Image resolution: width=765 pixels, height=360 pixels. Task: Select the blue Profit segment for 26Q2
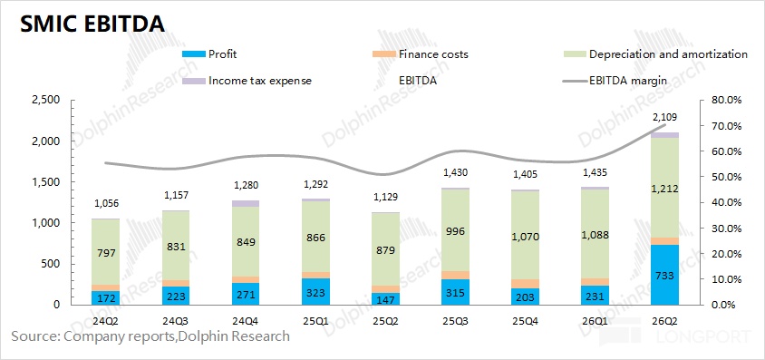tap(664, 275)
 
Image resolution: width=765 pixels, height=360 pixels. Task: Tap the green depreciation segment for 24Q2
tap(106, 252)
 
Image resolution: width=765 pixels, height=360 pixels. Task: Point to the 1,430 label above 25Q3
tap(455, 172)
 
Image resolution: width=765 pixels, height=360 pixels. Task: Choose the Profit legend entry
tap(208, 54)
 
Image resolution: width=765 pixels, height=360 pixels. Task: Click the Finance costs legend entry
tap(420, 54)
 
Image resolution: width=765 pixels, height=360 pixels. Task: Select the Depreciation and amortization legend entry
tap(655, 54)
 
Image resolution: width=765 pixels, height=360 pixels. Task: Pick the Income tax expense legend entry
tap(247, 81)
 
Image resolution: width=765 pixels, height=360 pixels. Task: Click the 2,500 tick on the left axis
tap(45, 100)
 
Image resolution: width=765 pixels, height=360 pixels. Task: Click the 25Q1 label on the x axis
tap(315, 322)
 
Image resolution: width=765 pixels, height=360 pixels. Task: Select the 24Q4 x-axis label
tap(246, 322)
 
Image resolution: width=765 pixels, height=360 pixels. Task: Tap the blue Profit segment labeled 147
tap(385, 299)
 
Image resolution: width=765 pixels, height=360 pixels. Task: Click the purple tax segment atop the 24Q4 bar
tap(246, 203)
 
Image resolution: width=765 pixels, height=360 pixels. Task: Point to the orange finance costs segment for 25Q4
tap(525, 284)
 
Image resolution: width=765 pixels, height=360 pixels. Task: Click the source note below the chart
tap(150, 336)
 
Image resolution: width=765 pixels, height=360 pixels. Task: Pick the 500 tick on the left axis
tap(51, 265)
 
